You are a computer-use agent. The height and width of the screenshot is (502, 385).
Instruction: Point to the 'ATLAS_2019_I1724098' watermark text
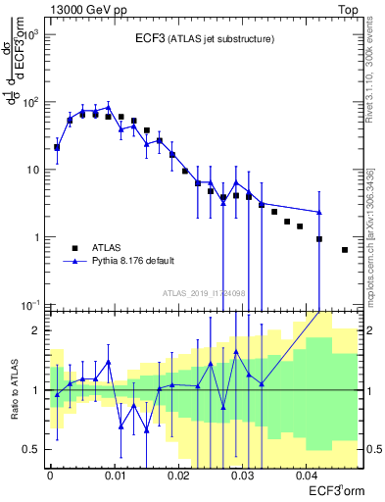204,292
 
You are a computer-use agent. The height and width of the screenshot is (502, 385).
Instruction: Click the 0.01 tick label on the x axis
115,476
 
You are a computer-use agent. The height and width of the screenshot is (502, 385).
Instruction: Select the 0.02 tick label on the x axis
178,476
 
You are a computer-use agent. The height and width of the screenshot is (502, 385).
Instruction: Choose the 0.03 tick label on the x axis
242,476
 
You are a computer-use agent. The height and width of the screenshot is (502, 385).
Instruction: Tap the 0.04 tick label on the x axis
306,476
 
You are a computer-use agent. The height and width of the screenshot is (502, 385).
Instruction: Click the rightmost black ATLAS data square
345,250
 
